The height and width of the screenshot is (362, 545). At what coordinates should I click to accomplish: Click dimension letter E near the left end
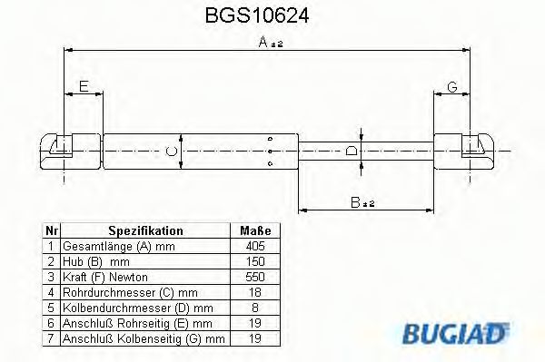(x=84, y=87)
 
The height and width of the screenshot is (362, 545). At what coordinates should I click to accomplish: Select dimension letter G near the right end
(x=451, y=87)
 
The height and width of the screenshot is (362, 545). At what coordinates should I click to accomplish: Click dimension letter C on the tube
(x=170, y=150)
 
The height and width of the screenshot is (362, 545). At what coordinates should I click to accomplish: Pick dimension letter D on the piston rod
(x=352, y=150)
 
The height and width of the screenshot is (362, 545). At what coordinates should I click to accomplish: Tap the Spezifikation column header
(x=145, y=231)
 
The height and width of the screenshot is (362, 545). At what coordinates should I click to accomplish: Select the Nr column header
(x=52, y=231)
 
